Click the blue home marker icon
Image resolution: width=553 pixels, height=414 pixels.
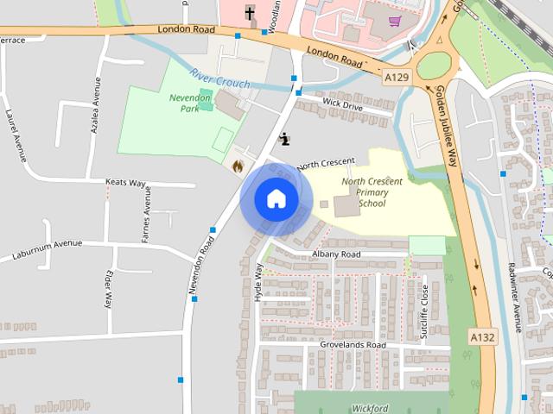276,198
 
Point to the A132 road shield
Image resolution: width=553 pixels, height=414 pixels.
483,336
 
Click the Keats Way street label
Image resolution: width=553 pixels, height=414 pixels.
125,184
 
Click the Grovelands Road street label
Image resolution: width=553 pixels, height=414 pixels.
353,345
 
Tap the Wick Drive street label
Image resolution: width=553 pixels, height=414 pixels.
342,103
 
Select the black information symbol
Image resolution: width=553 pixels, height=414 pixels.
285,137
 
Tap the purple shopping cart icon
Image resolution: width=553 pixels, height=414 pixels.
395,22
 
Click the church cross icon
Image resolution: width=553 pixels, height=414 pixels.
250,13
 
